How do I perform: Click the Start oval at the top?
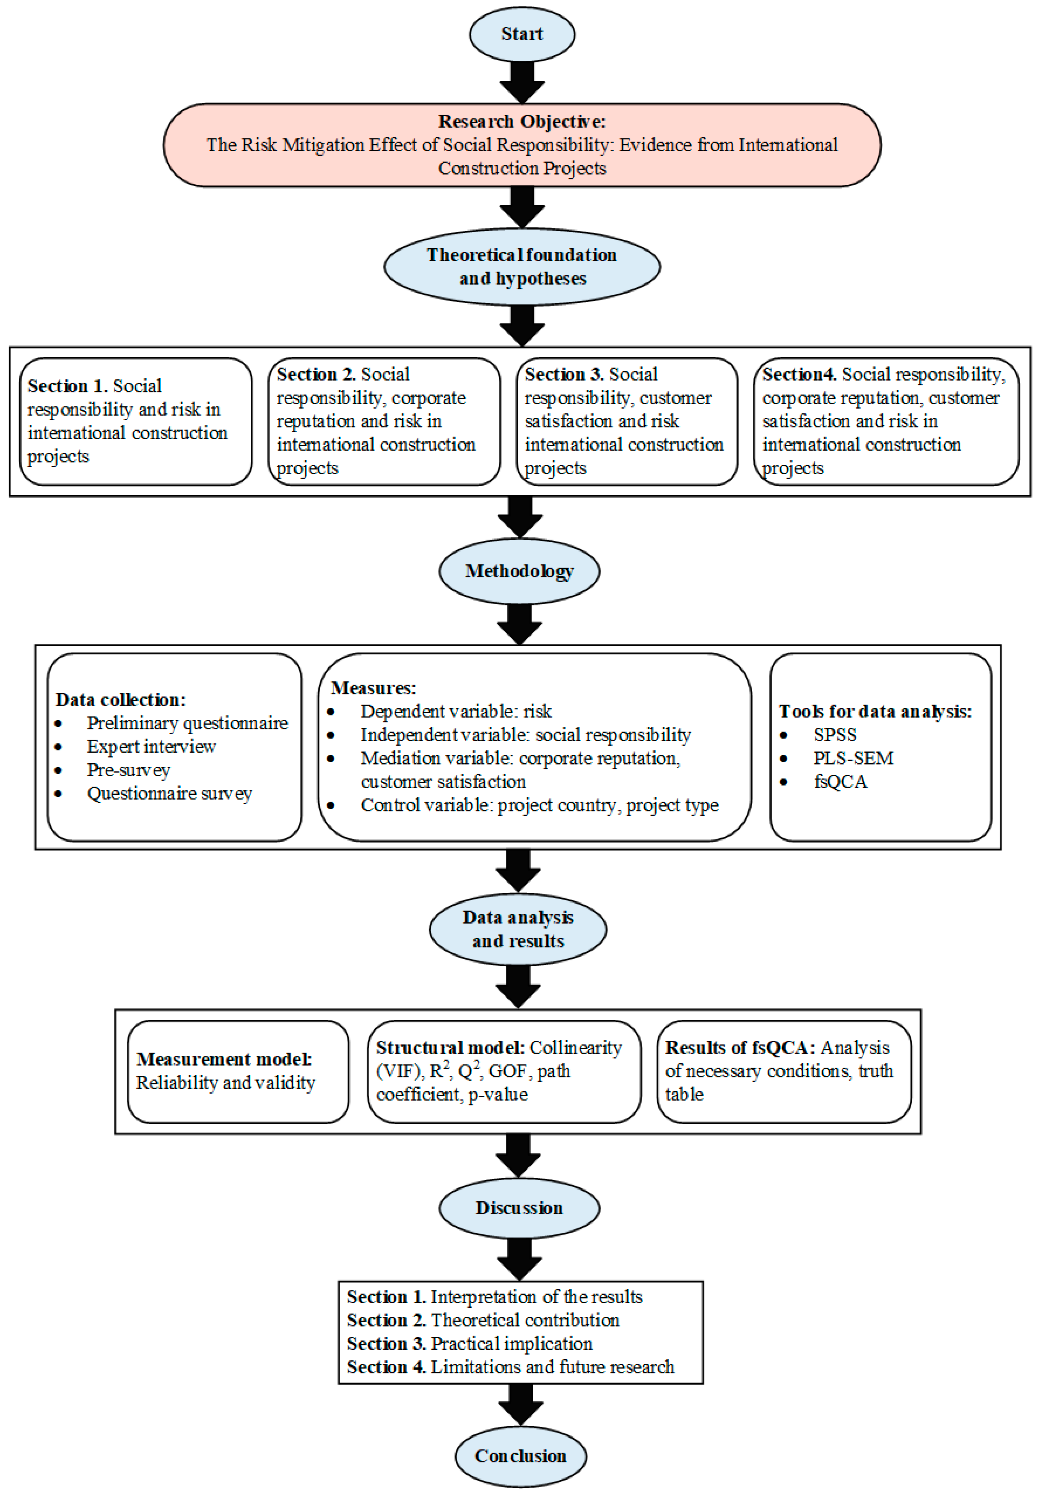pyautogui.click(x=522, y=34)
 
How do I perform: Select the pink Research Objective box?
pyautogui.click(x=522, y=145)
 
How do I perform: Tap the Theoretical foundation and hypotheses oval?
pyautogui.click(x=522, y=266)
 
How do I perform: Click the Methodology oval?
pyautogui.click(x=519, y=571)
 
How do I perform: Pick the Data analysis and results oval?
pyautogui.click(x=517, y=929)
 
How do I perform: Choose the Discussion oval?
pyautogui.click(x=519, y=1208)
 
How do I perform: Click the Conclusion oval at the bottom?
pyautogui.click(x=520, y=1456)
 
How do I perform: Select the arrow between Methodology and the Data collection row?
pyautogui.click(x=519, y=624)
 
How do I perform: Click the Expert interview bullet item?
pyautogui.click(x=151, y=746)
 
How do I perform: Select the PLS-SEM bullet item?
pyautogui.click(x=853, y=758)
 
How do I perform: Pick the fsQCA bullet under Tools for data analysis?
pyautogui.click(x=840, y=781)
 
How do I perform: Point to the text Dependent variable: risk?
pyautogui.click(x=456, y=711)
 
